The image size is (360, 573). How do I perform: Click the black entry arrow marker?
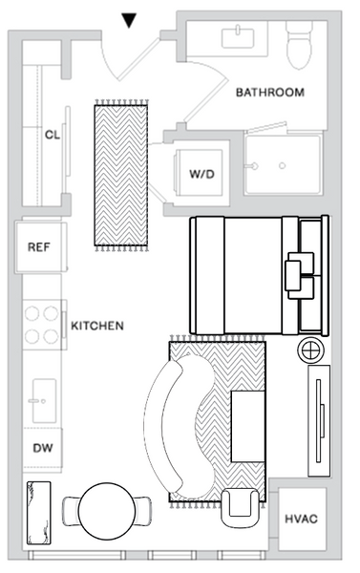click(131, 19)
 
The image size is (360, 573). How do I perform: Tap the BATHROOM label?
click(270, 93)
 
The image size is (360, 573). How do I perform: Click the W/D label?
click(201, 175)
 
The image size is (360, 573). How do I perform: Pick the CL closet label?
click(53, 135)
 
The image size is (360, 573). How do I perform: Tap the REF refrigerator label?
click(38, 246)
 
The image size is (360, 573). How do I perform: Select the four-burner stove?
click(41, 324)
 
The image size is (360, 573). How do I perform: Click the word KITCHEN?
click(97, 326)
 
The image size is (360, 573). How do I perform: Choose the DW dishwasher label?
click(42, 447)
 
